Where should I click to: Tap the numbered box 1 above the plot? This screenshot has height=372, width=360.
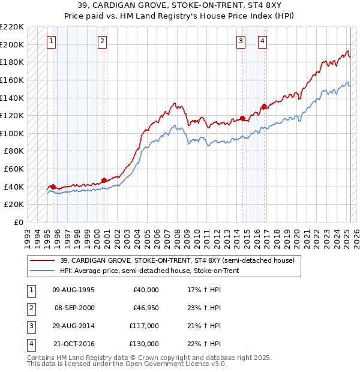coord(52,41)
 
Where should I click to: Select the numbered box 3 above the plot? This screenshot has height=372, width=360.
coord(241,41)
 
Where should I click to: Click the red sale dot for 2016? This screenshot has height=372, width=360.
coord(264,107)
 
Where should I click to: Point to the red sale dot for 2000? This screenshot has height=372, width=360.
coord(104,179)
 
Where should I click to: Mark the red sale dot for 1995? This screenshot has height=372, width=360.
coord(53,187)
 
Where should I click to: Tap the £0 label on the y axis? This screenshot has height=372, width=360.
coord(18,222)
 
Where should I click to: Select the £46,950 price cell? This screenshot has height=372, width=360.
coord(144,308)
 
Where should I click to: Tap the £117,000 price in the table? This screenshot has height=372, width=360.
coord(144,326)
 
